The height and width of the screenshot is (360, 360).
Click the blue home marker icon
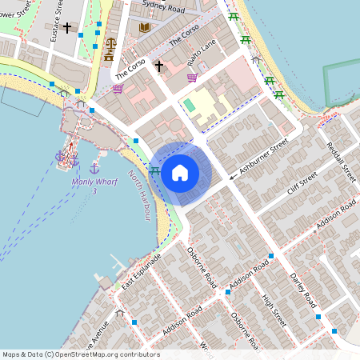click(x=180, y=172)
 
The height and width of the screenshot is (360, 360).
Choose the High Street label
click(x=274, y=311)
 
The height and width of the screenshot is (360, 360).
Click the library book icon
click(x=144, y=28)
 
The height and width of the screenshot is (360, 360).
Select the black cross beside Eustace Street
click(x=67, y=28)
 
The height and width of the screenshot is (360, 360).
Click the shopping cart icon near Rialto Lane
click(x=192, y=78)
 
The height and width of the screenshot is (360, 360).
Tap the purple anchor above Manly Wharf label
click(x=94, y=168)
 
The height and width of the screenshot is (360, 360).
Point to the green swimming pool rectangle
click(x=189, y=105)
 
